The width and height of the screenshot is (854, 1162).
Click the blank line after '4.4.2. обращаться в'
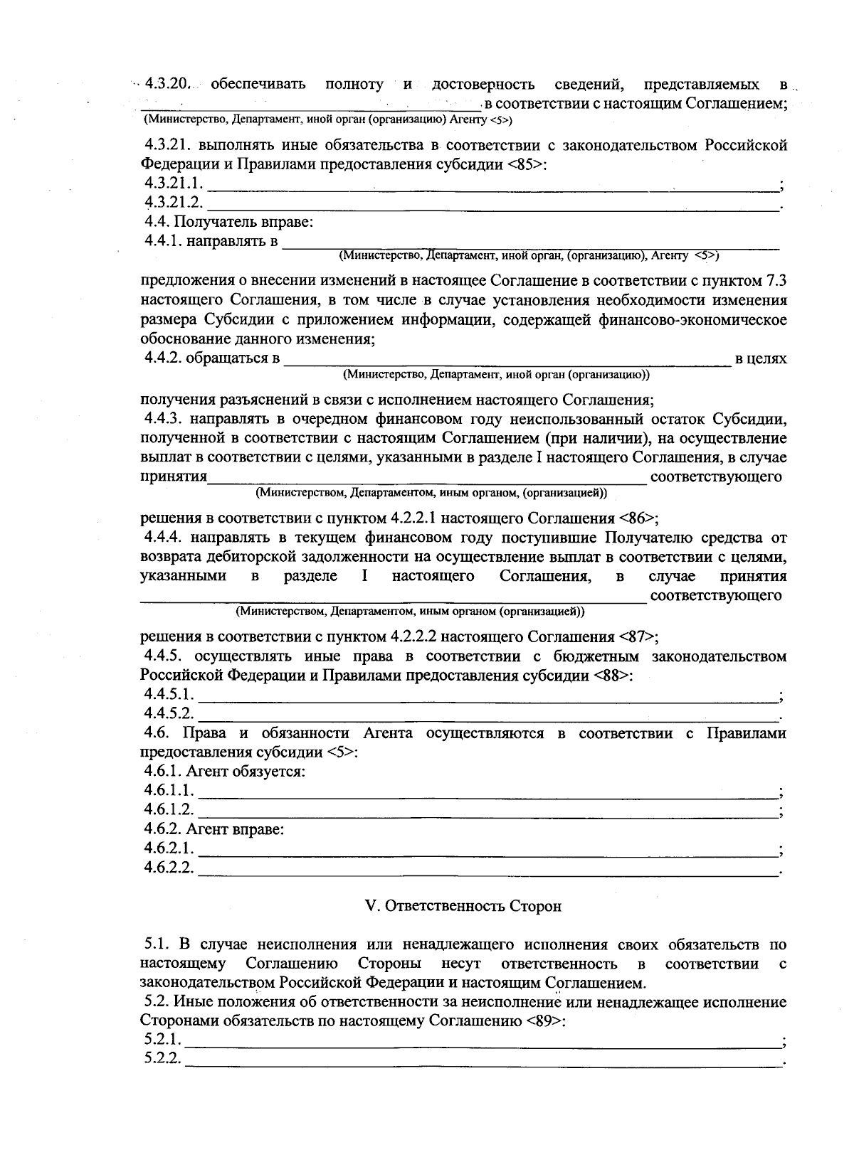click(507, 363)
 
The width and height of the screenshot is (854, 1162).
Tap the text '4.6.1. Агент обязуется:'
click(225, 771)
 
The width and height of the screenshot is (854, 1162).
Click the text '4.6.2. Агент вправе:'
click(214, 829)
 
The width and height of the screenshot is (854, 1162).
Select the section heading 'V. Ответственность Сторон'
click(463, 906)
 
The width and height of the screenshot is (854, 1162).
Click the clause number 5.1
click(156, 944)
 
